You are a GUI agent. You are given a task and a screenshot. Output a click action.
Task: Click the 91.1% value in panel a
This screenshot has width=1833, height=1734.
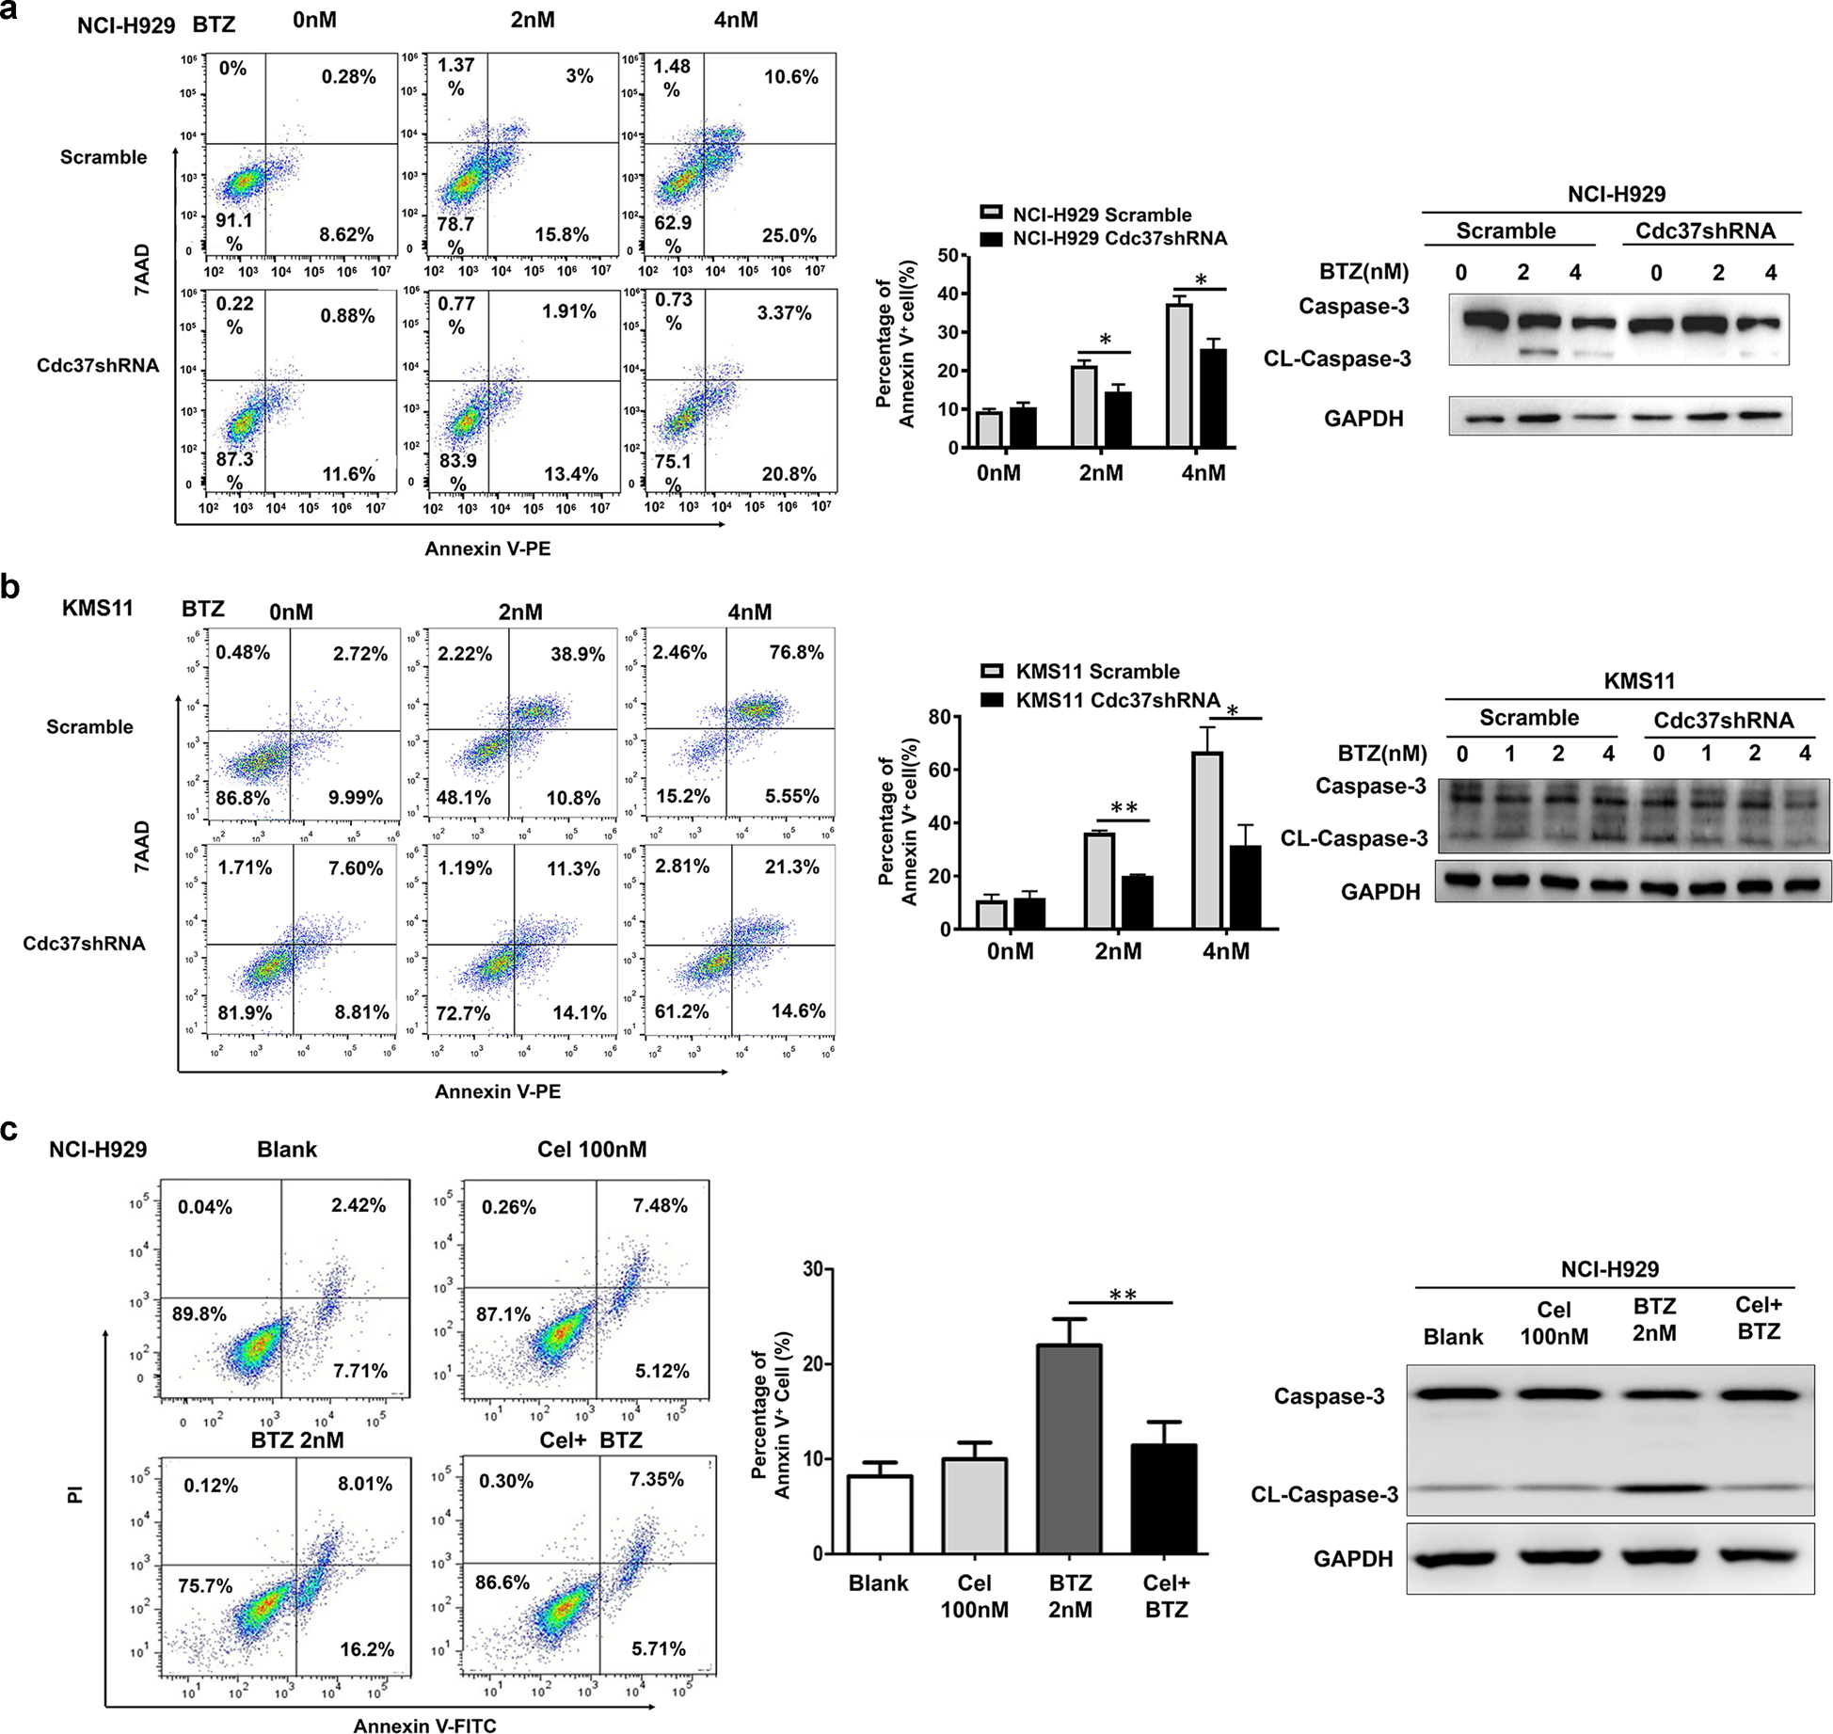(234, 221)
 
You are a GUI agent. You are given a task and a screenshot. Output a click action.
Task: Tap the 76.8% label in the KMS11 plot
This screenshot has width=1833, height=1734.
(796, 652)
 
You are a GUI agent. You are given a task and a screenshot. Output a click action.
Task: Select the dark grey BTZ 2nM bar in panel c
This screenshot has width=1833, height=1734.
(1069, 1449)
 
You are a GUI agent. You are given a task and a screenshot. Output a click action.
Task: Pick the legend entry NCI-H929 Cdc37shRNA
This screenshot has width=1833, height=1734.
(1119, 239)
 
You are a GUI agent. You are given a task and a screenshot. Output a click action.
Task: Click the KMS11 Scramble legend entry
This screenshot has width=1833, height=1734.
(1096, 672)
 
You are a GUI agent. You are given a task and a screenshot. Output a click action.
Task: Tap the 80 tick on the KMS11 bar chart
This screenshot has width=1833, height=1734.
(938, 717)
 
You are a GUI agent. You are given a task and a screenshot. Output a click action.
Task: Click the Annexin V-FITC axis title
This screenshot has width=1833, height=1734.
(424, 1725)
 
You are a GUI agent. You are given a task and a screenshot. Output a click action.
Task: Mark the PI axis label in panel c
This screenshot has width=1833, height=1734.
(75, 1494)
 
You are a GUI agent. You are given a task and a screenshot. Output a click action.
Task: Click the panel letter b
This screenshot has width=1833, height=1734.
(10, 586)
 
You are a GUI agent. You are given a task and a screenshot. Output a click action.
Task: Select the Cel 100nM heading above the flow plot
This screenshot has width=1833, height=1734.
(592, 1150)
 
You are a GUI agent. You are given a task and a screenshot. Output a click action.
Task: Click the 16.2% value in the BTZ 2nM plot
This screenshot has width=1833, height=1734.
(367, 1649)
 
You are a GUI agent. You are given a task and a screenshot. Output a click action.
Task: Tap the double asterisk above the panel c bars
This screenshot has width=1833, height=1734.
(1122, 1295)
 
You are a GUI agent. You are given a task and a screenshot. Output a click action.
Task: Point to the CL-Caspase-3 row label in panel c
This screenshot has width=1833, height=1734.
(1324, 1495)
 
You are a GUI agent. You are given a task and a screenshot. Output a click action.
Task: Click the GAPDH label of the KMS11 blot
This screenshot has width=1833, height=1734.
(1379, 891)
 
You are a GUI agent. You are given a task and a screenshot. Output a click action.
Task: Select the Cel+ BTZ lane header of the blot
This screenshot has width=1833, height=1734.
(1758, 1318)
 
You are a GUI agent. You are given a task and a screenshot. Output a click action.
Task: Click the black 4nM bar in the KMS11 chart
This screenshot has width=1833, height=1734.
(1245, 887)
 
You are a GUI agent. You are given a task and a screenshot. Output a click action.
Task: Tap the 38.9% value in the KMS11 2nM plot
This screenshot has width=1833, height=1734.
(577, 654)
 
